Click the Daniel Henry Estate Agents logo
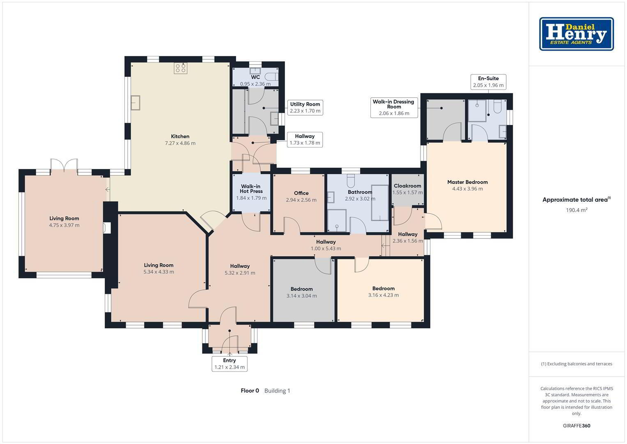coord(576,34)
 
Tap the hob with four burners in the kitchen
coord(181,68)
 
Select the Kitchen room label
coord(180,136)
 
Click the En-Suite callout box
coord(488,82)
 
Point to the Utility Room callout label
coord(305,107)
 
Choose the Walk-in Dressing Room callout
coord(394,107)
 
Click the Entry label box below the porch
coord(230,364)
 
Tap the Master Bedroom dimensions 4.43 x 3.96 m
coord(467,189)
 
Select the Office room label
coord(301,193)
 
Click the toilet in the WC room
coord(271,77)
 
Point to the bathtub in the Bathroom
coord(380,203)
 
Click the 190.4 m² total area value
coord(576,210)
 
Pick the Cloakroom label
coord(407,186)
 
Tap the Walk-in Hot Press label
coord(251,189)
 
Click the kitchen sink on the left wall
coord(136,103)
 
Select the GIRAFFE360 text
coord(576,425)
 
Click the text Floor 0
coord(250,391)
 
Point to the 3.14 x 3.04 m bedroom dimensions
coord(301,296)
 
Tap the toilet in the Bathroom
coord(351,181)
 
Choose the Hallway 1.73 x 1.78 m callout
coord(305,140)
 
